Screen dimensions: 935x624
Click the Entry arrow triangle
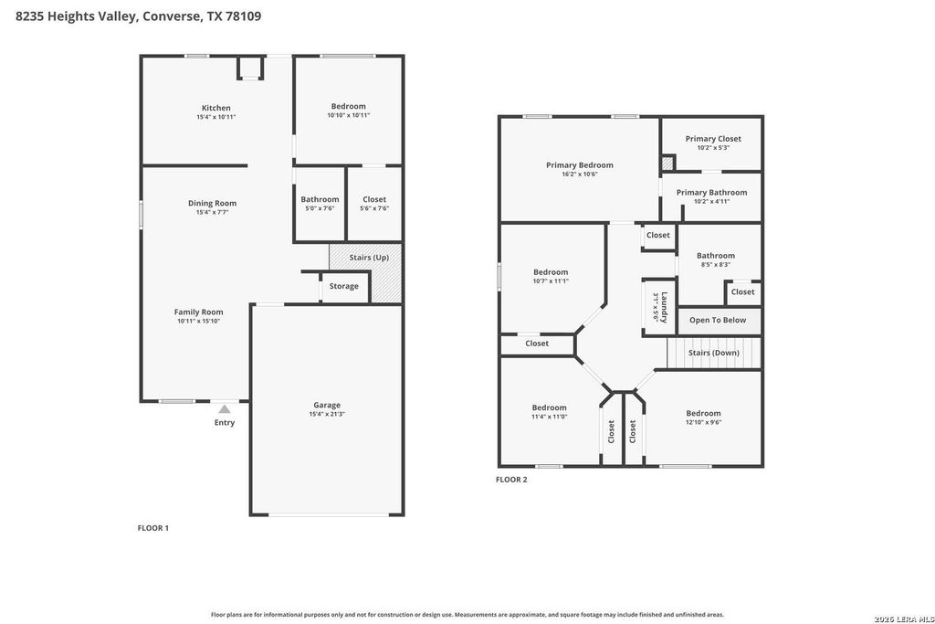[225, 409]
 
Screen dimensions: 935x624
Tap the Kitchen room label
[215, 108]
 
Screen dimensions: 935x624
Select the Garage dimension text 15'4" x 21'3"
[327, 414]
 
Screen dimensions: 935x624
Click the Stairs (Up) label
[369, 257]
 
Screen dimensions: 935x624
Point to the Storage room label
[344, 286]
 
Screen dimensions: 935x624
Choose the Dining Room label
[212, 203]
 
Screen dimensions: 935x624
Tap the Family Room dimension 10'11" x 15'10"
[198, 321]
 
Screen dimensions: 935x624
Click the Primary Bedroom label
[580, 165]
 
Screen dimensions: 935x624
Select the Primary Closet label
[713, 138]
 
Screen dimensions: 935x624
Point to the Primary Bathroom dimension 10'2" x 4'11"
[711, 201]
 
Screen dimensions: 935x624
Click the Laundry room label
[664, 307]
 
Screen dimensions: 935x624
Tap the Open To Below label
[718, 320]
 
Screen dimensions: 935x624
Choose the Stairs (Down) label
[714, 353]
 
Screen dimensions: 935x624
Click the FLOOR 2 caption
[511, 479]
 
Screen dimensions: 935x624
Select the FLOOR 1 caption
[153, 528]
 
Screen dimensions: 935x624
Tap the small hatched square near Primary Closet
[667, 163]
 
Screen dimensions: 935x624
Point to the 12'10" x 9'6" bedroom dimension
[703, 422]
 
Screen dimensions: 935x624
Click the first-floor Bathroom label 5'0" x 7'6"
[320, 199]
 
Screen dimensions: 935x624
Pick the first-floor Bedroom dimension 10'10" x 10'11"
[348, 115]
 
